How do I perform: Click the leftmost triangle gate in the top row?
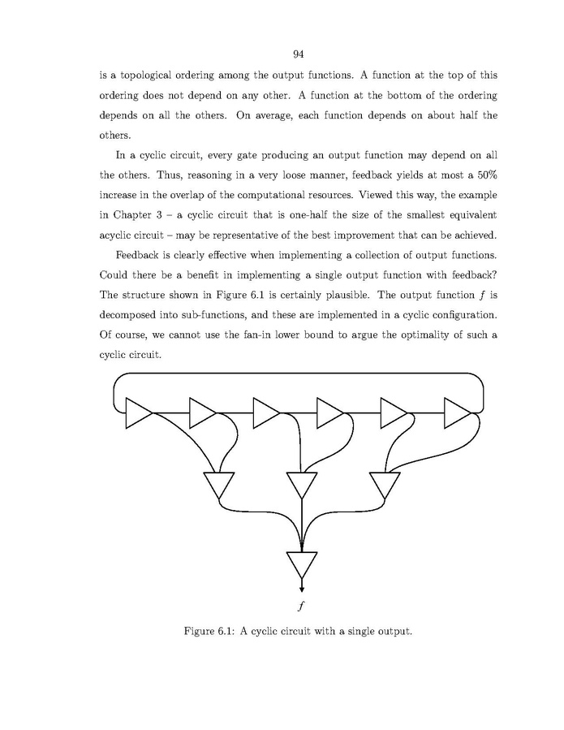(137, 413)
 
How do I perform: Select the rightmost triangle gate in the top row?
(456, 413)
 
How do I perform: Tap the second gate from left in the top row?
(200, 413)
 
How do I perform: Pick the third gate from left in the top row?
(265, 413)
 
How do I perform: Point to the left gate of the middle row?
(217, 485)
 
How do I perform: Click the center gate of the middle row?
(302, 485)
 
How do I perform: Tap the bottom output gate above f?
(302, 563)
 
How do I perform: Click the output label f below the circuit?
(302, 605)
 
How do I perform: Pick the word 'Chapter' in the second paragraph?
(136, 216)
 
